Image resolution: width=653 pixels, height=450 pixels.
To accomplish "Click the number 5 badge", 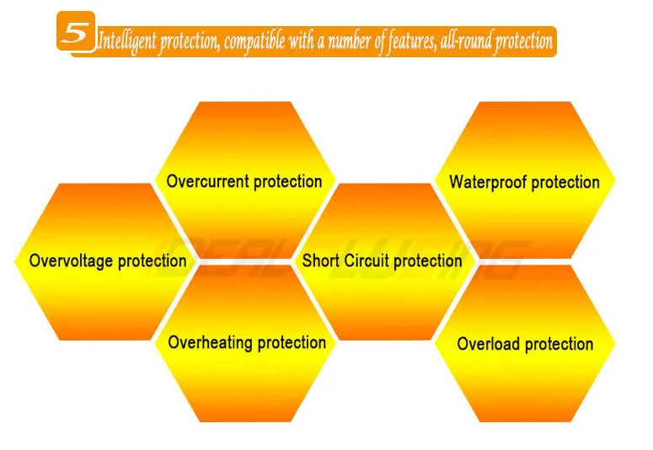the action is [x=76, y=31].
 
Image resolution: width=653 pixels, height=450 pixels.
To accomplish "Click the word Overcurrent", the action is [x=208, y=182].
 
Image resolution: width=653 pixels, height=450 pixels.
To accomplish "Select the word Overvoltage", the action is [x=72, y=261].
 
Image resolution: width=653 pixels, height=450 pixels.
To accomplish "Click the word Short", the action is [x=321, y=261].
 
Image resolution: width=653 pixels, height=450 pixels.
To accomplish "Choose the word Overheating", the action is [x=211, y=343].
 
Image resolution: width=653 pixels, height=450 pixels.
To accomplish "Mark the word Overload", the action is [x=488, y=344].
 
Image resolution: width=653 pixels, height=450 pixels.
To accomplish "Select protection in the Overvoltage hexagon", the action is [x=152, y=262].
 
